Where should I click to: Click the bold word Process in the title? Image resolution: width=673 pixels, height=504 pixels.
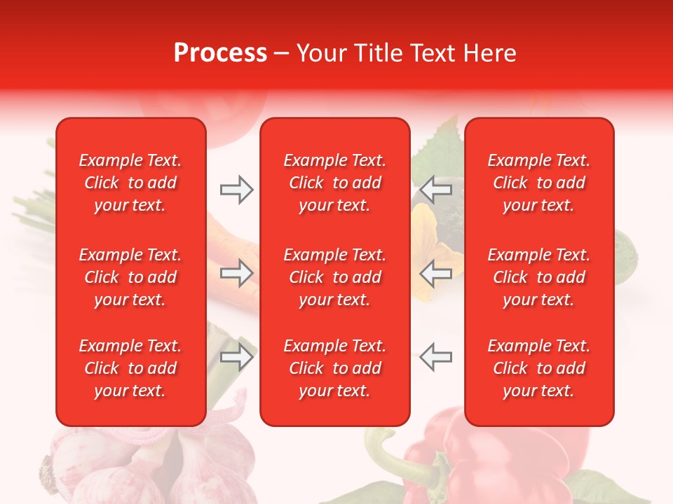pyautogui.click(x=220, y=53)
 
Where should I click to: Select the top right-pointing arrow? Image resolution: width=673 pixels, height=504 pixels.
pyautogui.click(x=236, y=190)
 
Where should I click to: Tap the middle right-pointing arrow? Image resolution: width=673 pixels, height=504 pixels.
pyautogui.click(x=236, y=273)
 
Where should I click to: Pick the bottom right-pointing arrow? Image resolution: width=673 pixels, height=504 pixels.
pyautogui.click(x=236, y=356)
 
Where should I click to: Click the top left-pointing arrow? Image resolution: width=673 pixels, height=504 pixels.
pyautogui.click(x=436, y=190)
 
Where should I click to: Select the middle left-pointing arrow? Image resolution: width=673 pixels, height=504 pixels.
pyautogui.click(x=436, y=273)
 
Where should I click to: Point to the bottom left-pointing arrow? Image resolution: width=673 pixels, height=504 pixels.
pyautogui.click(x=436, y=356)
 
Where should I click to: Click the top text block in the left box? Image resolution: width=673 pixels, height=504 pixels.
pyautogui.click(x=130, y=183)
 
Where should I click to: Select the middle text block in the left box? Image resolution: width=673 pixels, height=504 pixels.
pyautogui.click(x=130, y=277)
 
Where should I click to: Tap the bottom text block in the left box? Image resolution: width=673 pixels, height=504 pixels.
pyautogui.click(x=130, y=368)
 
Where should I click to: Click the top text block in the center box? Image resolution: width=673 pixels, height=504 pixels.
pyautogui.click(x=335, y=183)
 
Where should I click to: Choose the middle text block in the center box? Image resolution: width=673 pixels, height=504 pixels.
pyautogui.click(x=335, y=277)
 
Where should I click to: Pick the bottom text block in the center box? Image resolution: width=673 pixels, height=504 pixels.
pyautogui.click(x=335, y=368)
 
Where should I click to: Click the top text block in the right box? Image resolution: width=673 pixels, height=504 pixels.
pyautogui.click(x=539, y=183)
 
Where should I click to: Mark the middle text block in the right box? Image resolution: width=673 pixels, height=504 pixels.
pyautogui.click(x=539, y=277)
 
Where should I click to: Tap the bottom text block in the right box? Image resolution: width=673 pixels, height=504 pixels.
pyautogui.click(x=539, y=368)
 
